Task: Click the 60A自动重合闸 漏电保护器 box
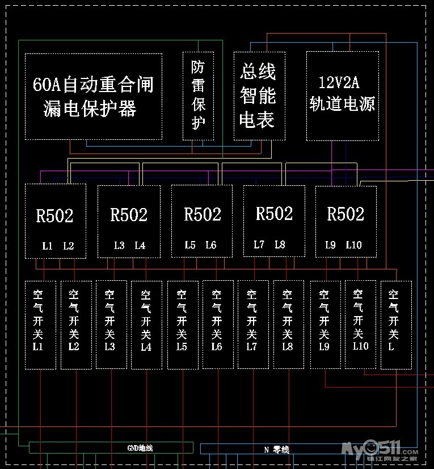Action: (x=94, y=96)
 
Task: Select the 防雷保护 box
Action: (x=198, y=96)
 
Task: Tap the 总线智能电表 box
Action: (x=259, y=96)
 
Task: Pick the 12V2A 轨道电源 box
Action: (x=342, y=96)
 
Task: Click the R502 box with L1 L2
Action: (x=55, y=221)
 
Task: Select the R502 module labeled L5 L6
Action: (x=202, y=221)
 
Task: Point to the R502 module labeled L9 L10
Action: (x=345, y=221)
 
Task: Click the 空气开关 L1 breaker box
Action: (x=40, y=325)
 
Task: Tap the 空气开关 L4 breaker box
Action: (x=146, y=325)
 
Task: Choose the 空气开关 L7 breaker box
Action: (x=252, y=325)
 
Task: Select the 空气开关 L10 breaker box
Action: (x=360, y=325)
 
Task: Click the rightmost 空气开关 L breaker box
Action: (x=395, y=325)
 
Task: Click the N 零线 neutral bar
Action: (x=276, y=449)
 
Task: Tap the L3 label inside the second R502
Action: (x=119, y=246)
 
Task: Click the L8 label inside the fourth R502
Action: (x=280, y=244)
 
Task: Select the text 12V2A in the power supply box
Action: (x=339, y=83)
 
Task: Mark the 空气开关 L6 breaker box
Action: (x=217, y=325)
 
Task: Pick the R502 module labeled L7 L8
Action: (x=274, y=221)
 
